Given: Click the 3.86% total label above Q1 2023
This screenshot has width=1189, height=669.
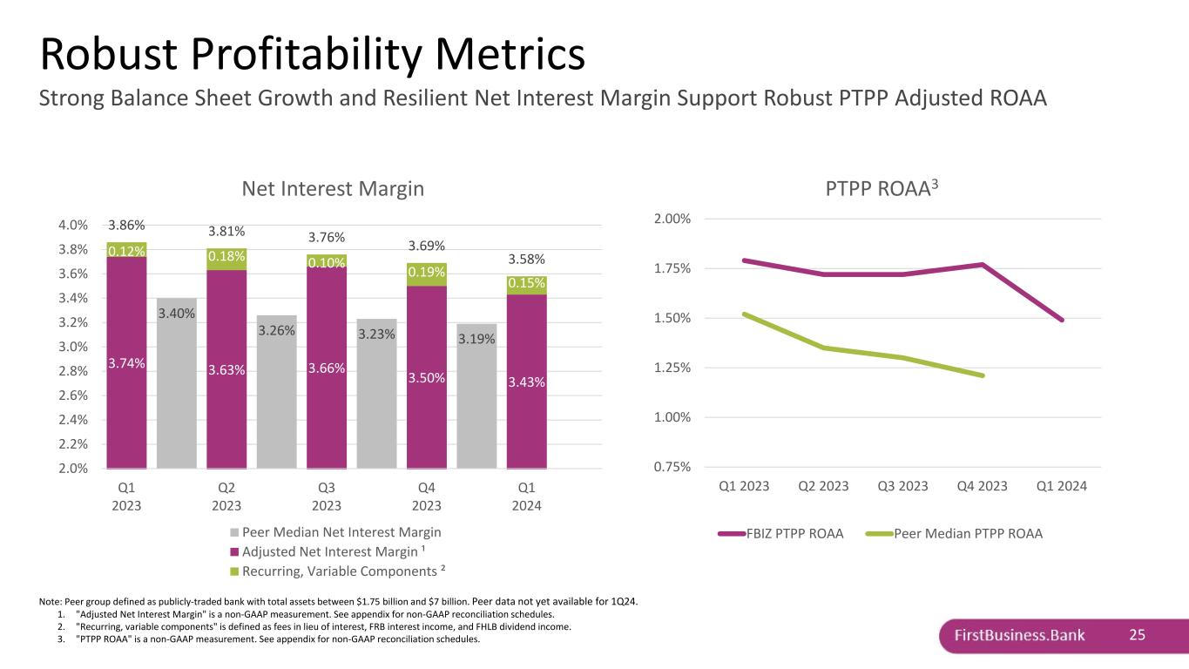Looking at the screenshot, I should point(126,224).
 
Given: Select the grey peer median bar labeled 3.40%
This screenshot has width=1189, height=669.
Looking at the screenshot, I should point(177,383).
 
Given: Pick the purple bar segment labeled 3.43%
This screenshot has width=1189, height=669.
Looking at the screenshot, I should point(527,381).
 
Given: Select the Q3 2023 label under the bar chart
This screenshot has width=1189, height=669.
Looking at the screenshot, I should point(327,497).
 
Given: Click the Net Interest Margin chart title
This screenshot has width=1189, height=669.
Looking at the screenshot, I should point(332,188).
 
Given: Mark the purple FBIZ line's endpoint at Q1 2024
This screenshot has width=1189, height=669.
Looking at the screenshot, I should point(1063,321).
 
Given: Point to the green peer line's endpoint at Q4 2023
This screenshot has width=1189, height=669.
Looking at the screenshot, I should point(983,375).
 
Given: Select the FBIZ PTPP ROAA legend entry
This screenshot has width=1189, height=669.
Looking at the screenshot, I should point(789,534).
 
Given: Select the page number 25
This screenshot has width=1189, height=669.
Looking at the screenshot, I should point(1137,635).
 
